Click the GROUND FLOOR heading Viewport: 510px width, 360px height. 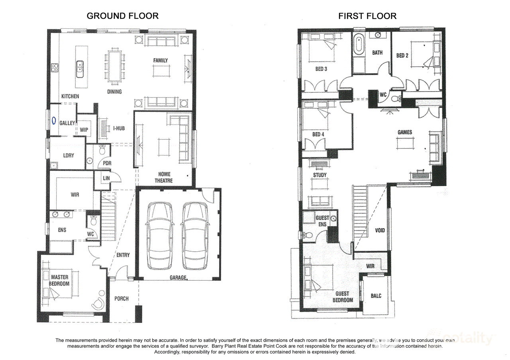tap(122, 16)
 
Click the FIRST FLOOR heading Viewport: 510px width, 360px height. tap(367, 16)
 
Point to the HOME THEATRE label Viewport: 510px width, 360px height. tap(164, 177)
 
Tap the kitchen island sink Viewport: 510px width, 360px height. tap(80, 66)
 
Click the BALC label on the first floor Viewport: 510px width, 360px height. tap(376, 295)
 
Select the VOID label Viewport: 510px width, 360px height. tap(380, 230)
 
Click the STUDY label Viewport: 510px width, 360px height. tap(320, 175)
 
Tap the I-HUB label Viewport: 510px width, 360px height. tap(119, 128)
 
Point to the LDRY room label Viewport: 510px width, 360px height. tap(69, 155)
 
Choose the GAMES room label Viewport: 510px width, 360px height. tap(405, 132)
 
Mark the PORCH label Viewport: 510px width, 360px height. tap(122, 298)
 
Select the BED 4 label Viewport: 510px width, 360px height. tap(318, 135)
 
